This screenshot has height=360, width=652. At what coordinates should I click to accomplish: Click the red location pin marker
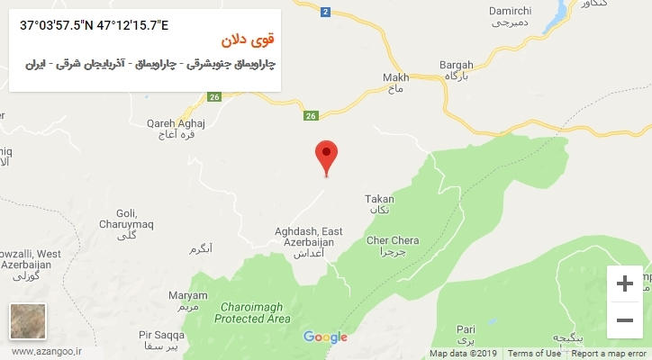click(326, 157)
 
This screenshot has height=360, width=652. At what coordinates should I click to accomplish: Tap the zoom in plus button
click(624, 283)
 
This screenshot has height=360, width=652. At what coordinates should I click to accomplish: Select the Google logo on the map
click(325, 337)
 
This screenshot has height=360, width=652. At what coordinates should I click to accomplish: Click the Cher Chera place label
click(393, 240)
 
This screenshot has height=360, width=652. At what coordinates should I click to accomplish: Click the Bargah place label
click(456, 66)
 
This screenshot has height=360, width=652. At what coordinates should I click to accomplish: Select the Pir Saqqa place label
click(161, 335)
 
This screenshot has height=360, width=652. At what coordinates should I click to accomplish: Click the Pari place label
click(466, 329)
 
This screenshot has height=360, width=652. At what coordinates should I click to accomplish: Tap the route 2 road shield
click(325, 12)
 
